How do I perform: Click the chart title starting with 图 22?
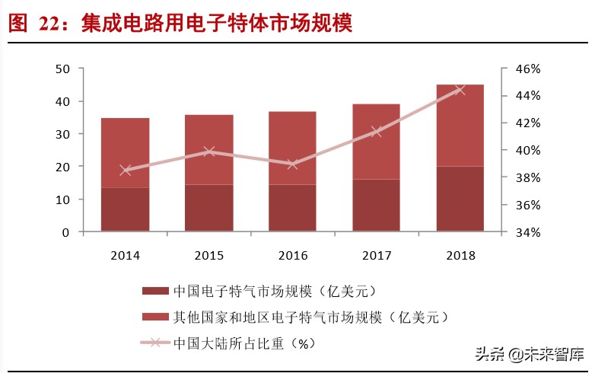[x=180, y=23]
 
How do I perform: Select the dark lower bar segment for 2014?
[x=125, y=209]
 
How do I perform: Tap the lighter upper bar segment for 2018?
[x=460, y=125]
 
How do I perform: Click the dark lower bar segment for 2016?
[x=292, y=208]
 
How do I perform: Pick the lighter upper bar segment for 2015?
[x=208, y=149]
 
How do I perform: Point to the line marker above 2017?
[x=376, y=131]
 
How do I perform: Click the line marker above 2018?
[x=460, y=90]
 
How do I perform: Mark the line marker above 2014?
[x=126, y=170]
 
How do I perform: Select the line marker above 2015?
[x=209, y=151]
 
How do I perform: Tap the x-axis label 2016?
[x=292, y=256]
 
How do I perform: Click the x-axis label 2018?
[x=460, y=256]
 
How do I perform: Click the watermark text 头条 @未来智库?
[x=530, y=354]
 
